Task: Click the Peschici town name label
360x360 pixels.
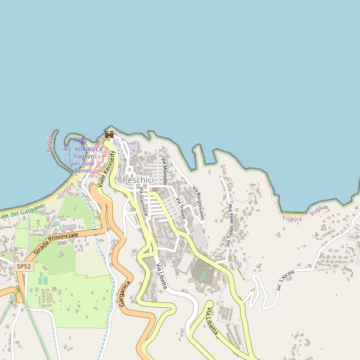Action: tap(138, 180)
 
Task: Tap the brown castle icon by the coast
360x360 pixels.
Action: tap(109, 134)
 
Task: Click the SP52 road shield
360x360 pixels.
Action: tap(23, 266)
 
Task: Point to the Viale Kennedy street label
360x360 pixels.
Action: tap(107, 164)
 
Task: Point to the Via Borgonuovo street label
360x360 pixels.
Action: tap(199, 203)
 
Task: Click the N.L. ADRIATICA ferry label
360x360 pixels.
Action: tap(83, 149)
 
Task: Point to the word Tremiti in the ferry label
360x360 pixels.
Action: tap(82, 170)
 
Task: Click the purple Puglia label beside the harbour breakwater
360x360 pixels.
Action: tap(49, 144)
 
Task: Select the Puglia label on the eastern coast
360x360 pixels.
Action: tap(319, 209)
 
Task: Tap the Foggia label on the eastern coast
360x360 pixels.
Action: tap(292, 218)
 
